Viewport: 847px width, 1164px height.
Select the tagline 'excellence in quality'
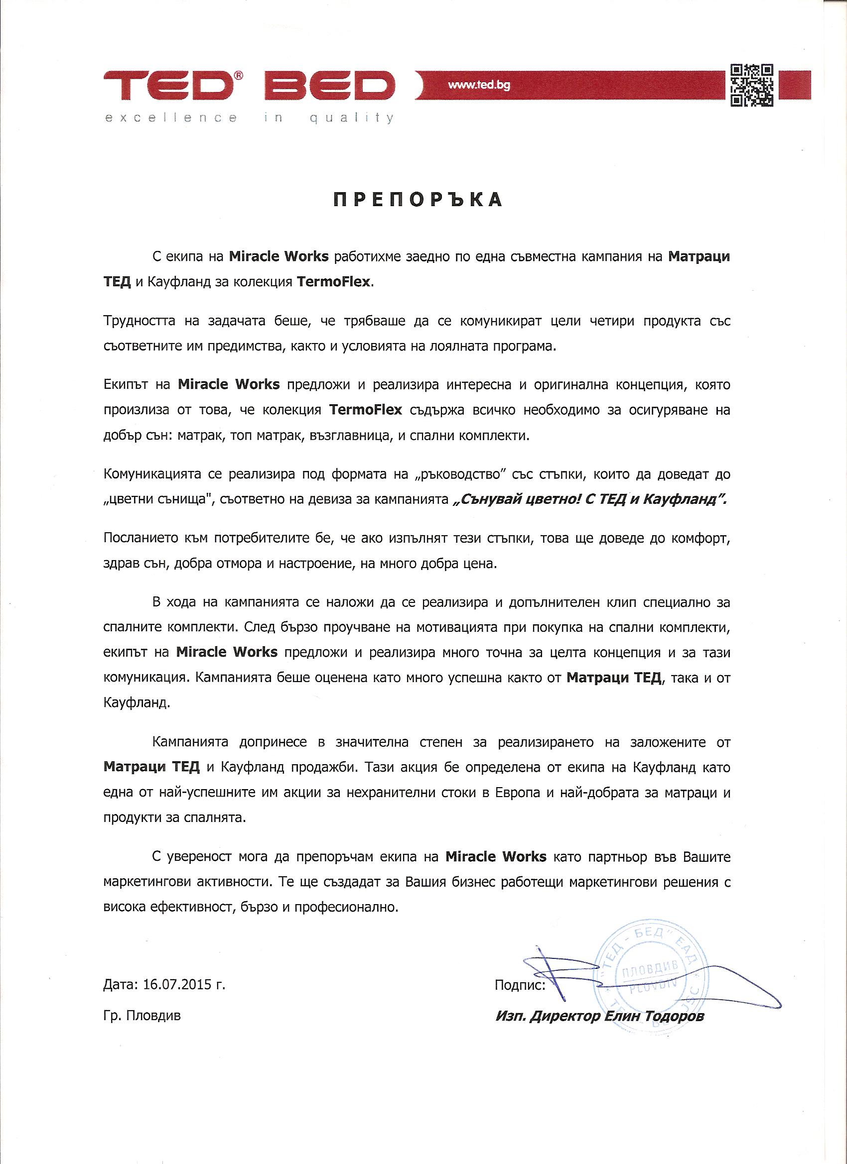click(249, 118)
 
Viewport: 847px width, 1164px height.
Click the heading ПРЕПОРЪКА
click(418, 200)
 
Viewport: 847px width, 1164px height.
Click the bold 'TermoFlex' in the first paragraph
click(333, 283)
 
